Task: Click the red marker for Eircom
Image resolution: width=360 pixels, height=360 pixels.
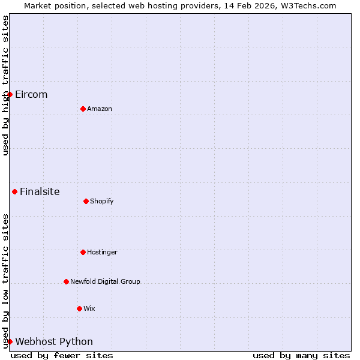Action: pos(10,94)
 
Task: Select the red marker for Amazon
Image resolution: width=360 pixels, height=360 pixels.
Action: pos(83,109)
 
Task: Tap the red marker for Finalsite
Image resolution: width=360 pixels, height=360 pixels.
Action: pos(14,191)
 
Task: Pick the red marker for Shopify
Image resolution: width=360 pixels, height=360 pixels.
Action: pos(86,201)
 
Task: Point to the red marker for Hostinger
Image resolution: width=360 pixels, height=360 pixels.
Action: pos(83,252)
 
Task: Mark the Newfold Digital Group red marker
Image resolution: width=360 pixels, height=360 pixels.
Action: pos(66,281)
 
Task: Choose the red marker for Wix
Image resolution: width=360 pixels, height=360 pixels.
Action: pos(79,308)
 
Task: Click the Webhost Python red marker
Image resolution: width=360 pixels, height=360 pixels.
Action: pos(10,341)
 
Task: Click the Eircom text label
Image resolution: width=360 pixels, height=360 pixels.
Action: pos(31,95)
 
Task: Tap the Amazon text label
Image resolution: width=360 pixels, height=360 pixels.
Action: pos(100,109)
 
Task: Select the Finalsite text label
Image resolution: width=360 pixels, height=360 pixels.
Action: pos(40,192)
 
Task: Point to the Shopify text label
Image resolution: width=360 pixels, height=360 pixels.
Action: pos(102,202)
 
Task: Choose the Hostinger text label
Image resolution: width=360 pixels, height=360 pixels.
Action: pos(102,253)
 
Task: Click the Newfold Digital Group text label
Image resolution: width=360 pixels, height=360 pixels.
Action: pos(105,282)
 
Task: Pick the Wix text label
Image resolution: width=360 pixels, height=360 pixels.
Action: pos(89,309)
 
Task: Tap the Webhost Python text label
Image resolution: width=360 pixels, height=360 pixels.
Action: pos(54,342)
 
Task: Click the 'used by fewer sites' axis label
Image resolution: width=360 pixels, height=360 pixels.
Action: pos(62,355)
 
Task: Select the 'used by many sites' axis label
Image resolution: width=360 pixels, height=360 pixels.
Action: pos(301,355)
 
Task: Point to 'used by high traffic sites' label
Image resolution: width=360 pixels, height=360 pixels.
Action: pos(5,85)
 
